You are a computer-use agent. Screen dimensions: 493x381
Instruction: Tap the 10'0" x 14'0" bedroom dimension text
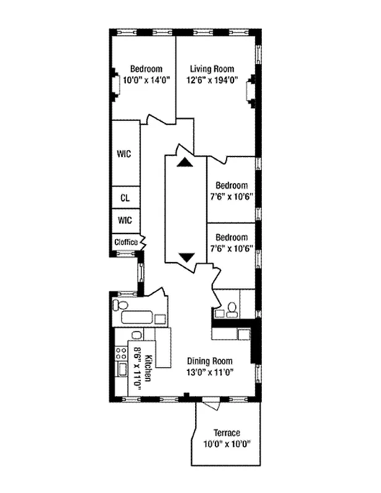point(146,79)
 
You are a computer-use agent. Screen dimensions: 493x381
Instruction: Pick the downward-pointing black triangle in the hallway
point(186,257)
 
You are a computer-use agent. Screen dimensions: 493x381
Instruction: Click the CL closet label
point(124,198)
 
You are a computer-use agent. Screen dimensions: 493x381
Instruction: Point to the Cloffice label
point(126,242)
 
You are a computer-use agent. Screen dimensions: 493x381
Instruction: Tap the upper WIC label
point(124,154)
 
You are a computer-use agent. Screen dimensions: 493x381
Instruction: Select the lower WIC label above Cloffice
point(124,220)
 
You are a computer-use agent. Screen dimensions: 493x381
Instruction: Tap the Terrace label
point(227,433)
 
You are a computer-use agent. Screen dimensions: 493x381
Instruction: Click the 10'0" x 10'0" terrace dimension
point(227,444)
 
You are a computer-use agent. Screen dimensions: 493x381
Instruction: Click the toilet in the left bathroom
point(121,306)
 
